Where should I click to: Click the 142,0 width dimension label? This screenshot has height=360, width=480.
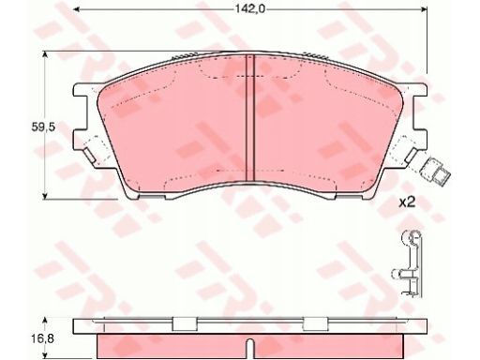(x=250, y=9)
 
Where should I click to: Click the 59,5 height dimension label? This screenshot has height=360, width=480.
(x=43, y=127)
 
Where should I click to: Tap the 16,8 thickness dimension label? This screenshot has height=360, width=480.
(x=43, y=338)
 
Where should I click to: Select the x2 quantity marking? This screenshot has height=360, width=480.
(x=408, y=203)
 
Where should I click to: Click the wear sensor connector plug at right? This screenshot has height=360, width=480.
(x=435, y=172)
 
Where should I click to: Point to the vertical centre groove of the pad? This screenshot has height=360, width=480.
(x=250, y=118)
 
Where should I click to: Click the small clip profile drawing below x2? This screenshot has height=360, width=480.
(x=407, y=263)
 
